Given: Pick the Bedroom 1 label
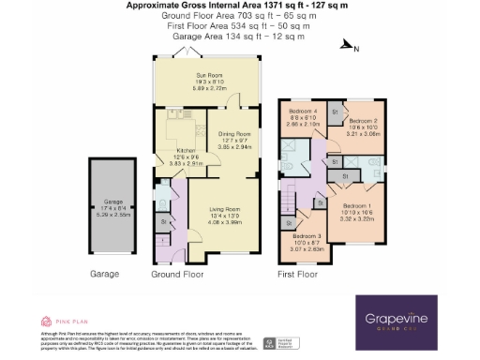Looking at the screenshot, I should tap(356, 205).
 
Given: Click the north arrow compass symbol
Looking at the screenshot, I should tap(348, 44).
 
